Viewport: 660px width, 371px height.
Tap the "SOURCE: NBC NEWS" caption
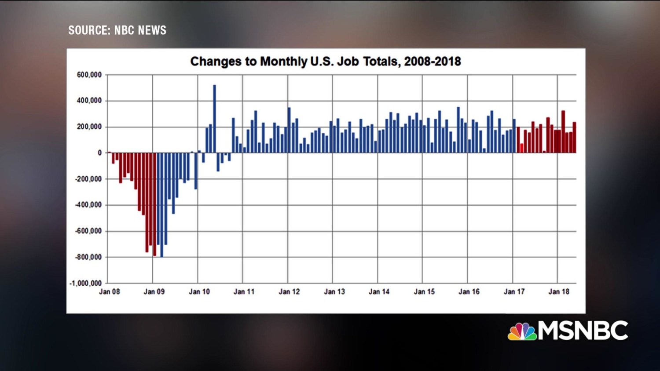(117, 30)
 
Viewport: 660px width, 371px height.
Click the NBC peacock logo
(522, 331)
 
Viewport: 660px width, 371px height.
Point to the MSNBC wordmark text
(583, 331)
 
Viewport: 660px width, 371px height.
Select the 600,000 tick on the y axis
(89, 75)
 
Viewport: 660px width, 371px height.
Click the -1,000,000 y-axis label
(86, 283)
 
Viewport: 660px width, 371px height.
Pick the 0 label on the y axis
(99, 153)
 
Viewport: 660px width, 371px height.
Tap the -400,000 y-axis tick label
(88, 205)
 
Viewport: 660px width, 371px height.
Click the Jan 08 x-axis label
(109, 292)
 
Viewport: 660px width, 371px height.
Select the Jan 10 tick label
(199, 292)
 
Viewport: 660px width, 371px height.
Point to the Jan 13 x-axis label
(334, 292)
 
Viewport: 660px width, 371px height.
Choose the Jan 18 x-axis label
(559, 292)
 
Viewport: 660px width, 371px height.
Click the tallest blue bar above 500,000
(215, 119)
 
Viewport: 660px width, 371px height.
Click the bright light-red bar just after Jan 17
(522, 148)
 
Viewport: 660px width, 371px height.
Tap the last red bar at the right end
(574, 138)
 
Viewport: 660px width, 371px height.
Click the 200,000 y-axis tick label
(89, 127)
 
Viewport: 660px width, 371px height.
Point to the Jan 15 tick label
(424, 292)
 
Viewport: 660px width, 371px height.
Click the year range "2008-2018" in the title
(433, 62)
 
